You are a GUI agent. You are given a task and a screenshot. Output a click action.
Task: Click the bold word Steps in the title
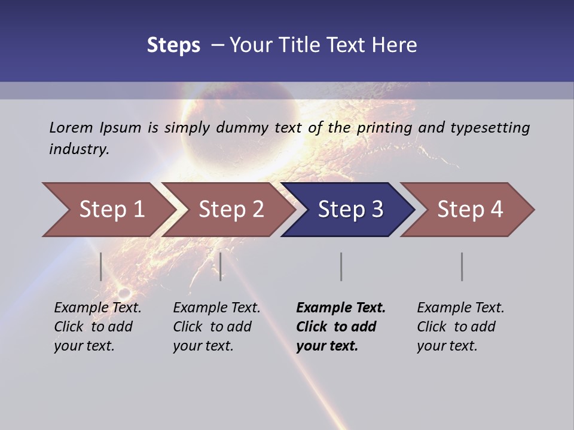click(x=173, y=45)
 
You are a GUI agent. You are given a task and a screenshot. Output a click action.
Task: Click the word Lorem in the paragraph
click(x=71, y=127)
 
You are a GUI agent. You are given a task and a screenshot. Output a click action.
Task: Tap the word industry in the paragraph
click(x=78, y=149)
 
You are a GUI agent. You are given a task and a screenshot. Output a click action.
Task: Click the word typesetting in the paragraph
click(x=490, y=127)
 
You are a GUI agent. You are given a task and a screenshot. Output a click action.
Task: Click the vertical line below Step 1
click(x=101, y=266)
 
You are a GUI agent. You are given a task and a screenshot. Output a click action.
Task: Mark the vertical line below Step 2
click(x=221, y=266)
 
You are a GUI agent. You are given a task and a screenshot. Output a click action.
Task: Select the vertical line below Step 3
click(x=341, y=266)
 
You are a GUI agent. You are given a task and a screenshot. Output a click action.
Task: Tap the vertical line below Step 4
click(x=462, y=266)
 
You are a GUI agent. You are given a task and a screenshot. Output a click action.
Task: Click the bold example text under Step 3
click(x=341, y=327)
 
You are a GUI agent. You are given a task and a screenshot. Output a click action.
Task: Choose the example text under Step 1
click(x=97, y=327)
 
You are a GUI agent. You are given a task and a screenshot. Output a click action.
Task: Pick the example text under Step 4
click(x=460, y=327)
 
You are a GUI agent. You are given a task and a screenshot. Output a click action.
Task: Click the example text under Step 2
click(x=216, y=327)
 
